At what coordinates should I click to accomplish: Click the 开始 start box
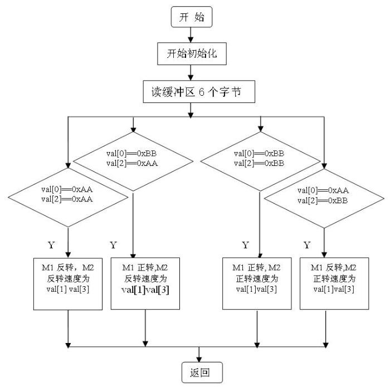[191, 17]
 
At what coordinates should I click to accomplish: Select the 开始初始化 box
[191, 54]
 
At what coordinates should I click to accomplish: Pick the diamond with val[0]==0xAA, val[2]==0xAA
[67, 194]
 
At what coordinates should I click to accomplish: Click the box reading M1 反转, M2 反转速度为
[68, 283]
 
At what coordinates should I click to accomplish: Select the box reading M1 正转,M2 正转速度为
[257, 283]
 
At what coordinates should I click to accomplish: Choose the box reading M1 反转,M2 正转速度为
[334, 283]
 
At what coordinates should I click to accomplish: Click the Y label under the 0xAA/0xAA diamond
[52, 245]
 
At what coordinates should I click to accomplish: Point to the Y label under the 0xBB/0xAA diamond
[113, 245]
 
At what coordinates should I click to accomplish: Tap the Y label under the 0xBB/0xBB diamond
[245, 245]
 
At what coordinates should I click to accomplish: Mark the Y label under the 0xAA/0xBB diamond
[306, 245]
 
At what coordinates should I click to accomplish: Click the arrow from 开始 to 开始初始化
[191, 35]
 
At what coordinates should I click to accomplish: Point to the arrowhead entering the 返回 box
[199, 359]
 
